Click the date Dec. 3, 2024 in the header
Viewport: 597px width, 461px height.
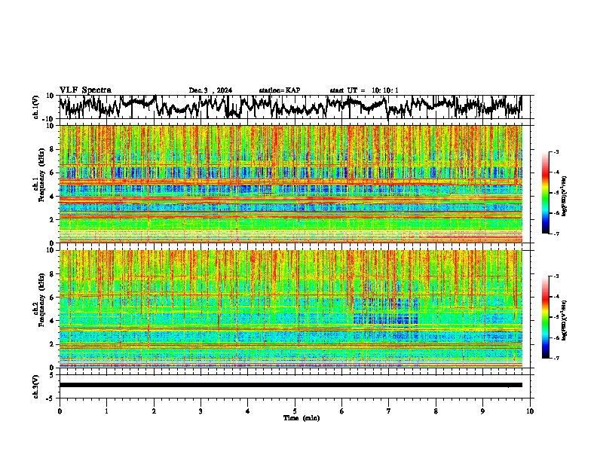click(x=210, y=90)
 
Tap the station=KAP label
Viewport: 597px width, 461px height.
click(x=280, y=90)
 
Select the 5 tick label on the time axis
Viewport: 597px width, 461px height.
click(x=295, y=411)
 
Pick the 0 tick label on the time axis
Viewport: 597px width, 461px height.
click(x=60, y=411)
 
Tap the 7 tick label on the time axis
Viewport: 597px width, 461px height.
click(x=389, y=411)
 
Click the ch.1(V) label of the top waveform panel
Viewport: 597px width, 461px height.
click(x=36, y=107)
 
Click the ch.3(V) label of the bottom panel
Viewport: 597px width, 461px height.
click(x=36, y=384)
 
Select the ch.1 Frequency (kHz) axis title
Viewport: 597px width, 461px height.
click(x=38, y=185)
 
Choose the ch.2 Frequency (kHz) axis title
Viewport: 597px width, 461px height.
click(x=38, y=309)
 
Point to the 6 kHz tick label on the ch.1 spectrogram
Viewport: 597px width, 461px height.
click(x=52, y=173)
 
